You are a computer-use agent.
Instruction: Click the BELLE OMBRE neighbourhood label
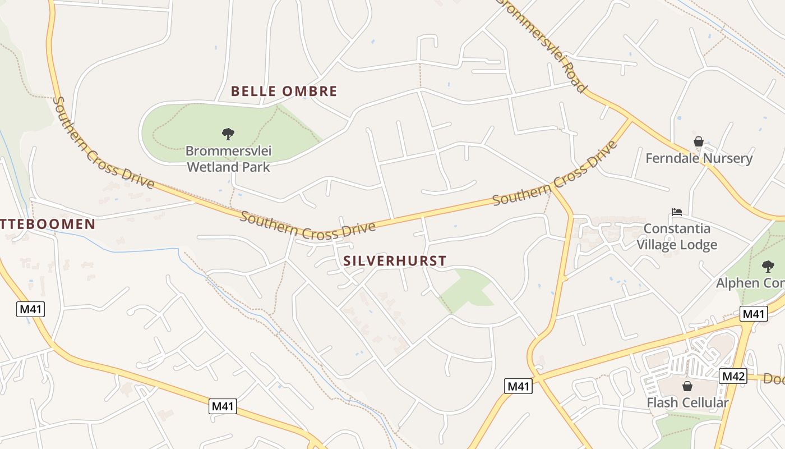click(x=284, y=91)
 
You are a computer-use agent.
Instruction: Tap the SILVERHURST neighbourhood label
click(x=395, y=260)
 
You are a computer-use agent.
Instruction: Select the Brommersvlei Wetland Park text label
click(x=228, y=159)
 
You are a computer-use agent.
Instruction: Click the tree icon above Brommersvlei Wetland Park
click(x=228, y=134)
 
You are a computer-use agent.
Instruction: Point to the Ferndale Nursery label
click(x=699, y=158)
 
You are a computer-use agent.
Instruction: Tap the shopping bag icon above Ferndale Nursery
click(x=699, y=141)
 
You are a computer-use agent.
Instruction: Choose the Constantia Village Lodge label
click(x=677, y=236)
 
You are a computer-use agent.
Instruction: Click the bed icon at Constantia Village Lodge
click(x=677, y=212)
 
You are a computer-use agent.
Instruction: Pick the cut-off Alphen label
click(x=751, y=282)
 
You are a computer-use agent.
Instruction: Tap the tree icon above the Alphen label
click(x=768, y=267)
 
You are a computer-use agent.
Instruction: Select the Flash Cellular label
click(x=687, y=402)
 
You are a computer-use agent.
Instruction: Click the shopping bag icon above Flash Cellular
click(x=687, y=386)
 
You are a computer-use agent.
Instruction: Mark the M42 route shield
click(x=733, y=376)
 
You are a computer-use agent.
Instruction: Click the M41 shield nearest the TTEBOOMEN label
click(x=30, y=309)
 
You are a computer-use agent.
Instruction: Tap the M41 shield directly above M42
click(x=754, y=314)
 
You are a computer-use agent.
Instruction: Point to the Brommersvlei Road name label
click(x=542, y=45)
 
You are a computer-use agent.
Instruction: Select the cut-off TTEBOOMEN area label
click(x=48, y=224)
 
